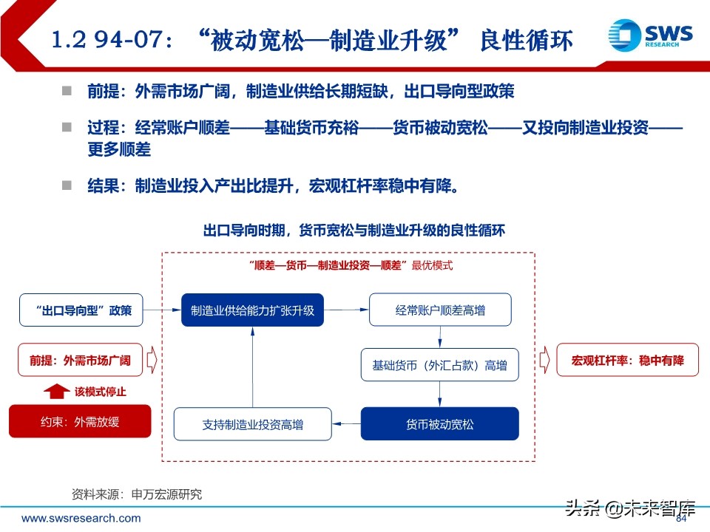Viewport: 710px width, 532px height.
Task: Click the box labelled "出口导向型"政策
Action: (x=81, y=310)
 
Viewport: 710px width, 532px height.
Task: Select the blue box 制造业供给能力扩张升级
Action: (x=252, y=310)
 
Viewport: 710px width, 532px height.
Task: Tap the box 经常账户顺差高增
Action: (x=440, y=310)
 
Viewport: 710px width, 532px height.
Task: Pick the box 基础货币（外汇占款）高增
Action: (x=440, y=365)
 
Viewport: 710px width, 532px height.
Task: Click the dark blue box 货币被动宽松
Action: (x=440, y=424)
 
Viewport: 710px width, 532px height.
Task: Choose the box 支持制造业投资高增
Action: (x=252, y=424)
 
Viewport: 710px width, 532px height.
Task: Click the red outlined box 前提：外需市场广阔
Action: (x=80, y=361)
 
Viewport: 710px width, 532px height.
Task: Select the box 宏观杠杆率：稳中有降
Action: (x=627, y=361)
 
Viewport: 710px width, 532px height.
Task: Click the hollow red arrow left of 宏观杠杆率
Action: (x=545, y=361)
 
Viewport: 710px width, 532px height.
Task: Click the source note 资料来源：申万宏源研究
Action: (x=136, y=494)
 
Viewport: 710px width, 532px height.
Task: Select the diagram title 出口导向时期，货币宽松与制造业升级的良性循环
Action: (x=354, y=230)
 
